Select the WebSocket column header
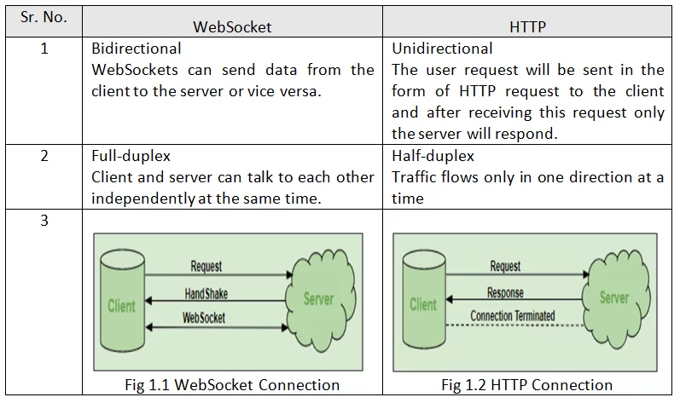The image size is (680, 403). tap(232, 26)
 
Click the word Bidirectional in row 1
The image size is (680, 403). tap(137, 49)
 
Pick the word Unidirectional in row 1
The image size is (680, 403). tap(442, 49)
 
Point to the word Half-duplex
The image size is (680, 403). tap(433, 157)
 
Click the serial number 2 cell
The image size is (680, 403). tap(44, 157)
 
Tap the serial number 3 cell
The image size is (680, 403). tap(44, 221)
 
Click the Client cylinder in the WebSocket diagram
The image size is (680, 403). tap(121, 305)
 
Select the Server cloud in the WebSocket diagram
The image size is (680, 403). tap(318, 300)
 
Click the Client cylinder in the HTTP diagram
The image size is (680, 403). tap(423, 304)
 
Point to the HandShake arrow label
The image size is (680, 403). tap(206, 294)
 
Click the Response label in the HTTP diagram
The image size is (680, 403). tap(505, 293)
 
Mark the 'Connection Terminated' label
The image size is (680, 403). tap(512, 316)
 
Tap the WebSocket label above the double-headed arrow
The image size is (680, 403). tap(205, 318)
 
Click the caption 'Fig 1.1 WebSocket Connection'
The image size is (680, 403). tap(232, 385)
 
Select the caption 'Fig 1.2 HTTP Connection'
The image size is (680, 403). tap(526, 385)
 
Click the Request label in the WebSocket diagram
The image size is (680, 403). tap(206, 267)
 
